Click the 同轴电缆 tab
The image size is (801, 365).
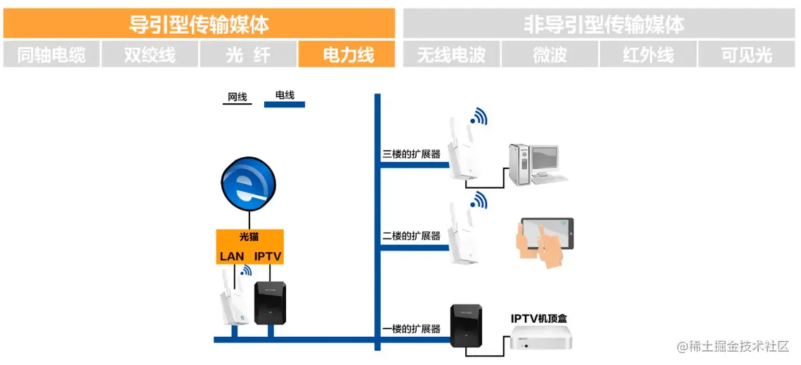(x=51, y=54)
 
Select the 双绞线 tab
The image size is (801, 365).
(x=150, y=54)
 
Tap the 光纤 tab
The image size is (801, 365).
(x=248, y=54)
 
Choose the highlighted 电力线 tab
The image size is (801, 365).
(x=347, y=54)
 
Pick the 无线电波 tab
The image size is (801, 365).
(x=451, y=54)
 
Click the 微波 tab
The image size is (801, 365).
(x=549, y=54)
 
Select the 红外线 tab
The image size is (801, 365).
(x=648, y=54)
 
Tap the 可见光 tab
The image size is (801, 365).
(x=746, y=54)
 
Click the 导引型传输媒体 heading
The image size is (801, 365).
(x=199, y=25)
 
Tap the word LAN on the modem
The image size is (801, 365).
(x=232, y=256)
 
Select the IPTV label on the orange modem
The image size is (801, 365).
(x=268, y=256)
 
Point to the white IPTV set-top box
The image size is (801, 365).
(x=540, y=339)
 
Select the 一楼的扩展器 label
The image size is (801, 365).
(x=411, y=328)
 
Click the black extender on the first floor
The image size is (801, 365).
(x=466, y=325)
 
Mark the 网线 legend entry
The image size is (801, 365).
(x=237, y=97)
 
